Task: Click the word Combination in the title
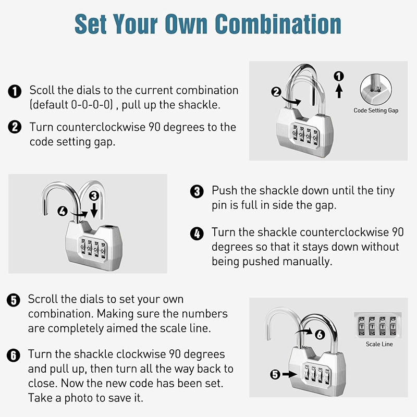[278, 24]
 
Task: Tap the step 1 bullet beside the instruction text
[15, 92]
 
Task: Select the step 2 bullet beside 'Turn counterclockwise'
[15, 127]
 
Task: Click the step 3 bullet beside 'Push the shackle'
[197, 191]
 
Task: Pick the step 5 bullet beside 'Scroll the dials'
[14, 300]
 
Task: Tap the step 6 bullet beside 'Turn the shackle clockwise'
[14, 355]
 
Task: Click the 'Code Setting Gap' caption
[376, 111]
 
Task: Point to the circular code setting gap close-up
[376, 90]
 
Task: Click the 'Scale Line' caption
[379, 344]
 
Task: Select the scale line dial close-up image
[377, 325]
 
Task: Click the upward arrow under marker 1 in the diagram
[339, 90]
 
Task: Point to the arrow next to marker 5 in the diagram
[290, 374]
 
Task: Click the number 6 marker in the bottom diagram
[320, 334]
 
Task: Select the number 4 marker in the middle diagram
[63, 212]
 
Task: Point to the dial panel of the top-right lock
[305, 136]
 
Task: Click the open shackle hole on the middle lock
[109, 227]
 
